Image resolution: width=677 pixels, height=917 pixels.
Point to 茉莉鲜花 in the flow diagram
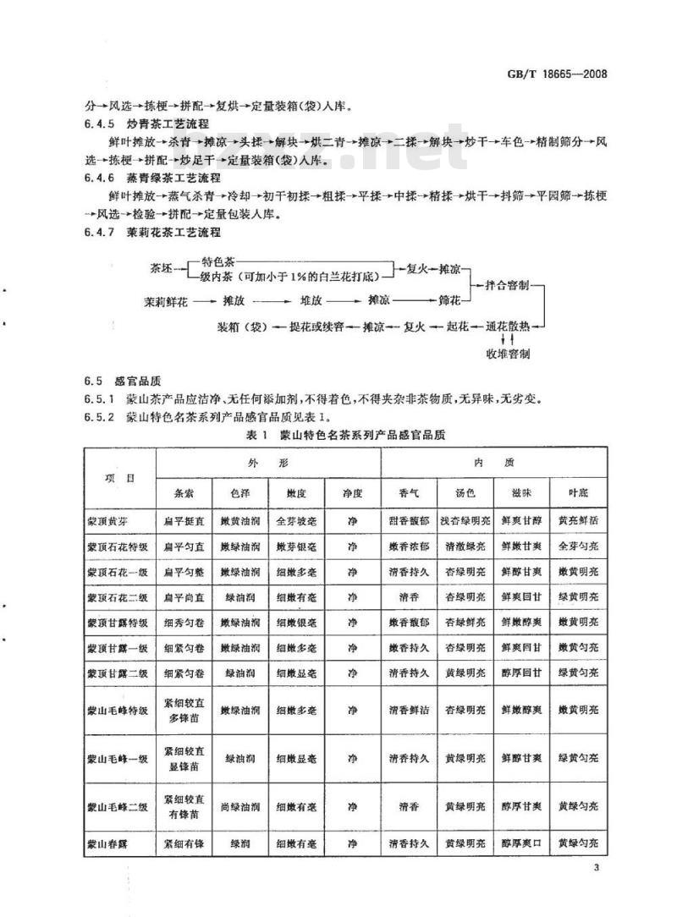tap(164, 299)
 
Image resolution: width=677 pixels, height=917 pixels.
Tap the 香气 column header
tap(409, 492)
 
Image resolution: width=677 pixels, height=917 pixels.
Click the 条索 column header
tap(184, 492)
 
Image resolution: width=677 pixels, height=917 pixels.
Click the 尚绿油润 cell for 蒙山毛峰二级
tap(239, 808)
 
